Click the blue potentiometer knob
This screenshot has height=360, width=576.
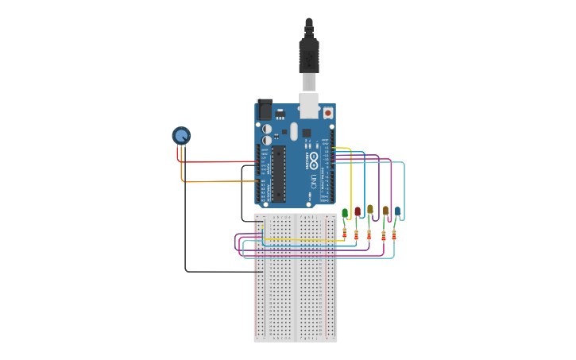181,135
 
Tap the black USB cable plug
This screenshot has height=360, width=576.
309,55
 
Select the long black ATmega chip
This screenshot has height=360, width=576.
278,172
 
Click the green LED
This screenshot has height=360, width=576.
345,213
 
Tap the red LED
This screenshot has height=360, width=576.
358,211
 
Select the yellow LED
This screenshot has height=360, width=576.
369,209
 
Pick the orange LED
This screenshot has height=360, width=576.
385,211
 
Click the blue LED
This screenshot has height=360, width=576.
397,211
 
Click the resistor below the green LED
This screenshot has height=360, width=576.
345,233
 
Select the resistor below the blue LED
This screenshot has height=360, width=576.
394,234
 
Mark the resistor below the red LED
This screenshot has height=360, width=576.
357,234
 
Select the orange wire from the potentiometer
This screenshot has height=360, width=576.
215,181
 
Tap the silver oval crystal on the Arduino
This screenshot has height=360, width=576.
294,130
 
